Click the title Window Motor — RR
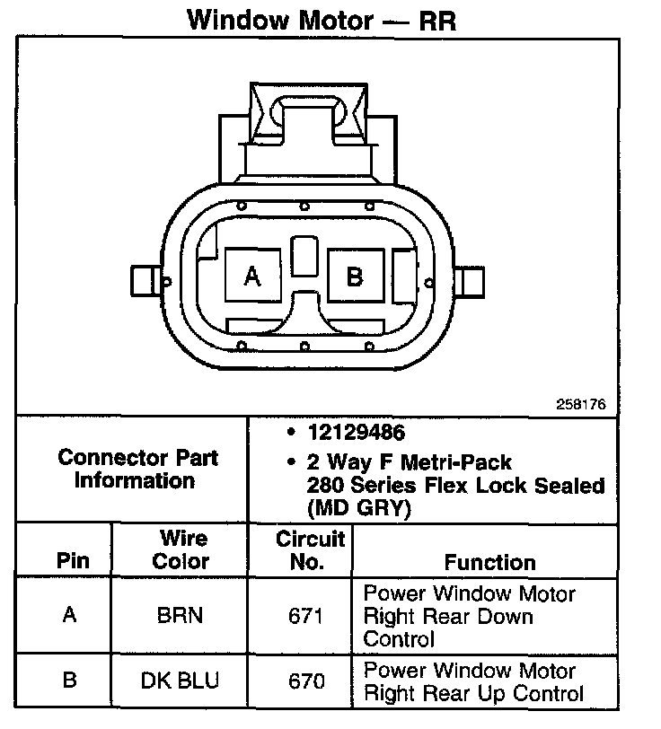[x=322, y=20]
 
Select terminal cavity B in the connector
[x=354, y=276]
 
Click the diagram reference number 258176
[x=582, y=406]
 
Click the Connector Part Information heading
[x=137, y=469]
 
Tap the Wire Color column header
[x=183, y=550]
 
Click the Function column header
[x=489, y=562]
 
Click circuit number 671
[x=306, y=616]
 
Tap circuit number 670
[x=306, y=681]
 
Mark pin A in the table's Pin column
[x=68, y=616]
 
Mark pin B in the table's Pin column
[x=68, y=681]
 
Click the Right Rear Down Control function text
[x=469, y=617]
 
